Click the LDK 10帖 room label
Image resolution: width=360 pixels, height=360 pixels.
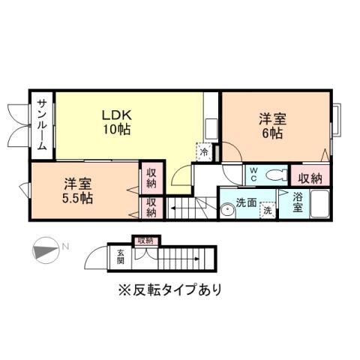click(118, 121)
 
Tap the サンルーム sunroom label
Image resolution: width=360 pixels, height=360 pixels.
click(42, 125)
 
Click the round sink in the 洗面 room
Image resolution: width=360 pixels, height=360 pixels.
click(228, 211)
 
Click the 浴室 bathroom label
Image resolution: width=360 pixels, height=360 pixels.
click(298, 202)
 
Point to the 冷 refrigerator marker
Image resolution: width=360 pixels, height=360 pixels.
click(203, 151)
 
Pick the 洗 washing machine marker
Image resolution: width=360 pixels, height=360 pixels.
click(267, 211)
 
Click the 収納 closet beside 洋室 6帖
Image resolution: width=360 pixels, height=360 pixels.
click(310, 178)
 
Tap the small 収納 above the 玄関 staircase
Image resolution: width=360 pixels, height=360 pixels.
click(145, 241)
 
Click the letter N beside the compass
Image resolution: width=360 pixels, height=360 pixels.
click(65, 246)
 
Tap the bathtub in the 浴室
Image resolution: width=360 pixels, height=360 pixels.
click(320, 203)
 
